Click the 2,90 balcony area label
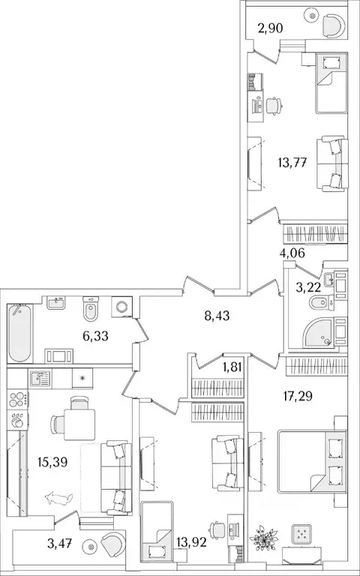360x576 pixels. point(270,28)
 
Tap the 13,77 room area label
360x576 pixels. point(292,162)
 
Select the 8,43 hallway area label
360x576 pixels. point(217,315)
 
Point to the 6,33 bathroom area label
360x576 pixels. point(95,335)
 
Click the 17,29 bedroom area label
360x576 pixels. point(298,396)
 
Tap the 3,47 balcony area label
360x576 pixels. point(59,543)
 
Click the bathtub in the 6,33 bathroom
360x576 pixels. point(19,333)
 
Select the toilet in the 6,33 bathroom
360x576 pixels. point(90,308)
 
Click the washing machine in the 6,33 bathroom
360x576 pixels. point(121,306)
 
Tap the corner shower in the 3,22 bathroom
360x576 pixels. point(319,332)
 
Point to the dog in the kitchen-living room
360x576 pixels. point(58,499)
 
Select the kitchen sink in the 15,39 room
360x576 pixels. point(40,379)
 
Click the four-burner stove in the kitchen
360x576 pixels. point(18,399)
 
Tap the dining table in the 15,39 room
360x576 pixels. point(79,424)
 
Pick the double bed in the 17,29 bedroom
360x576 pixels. point(312,461)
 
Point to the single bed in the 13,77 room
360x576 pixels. point(331,83)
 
